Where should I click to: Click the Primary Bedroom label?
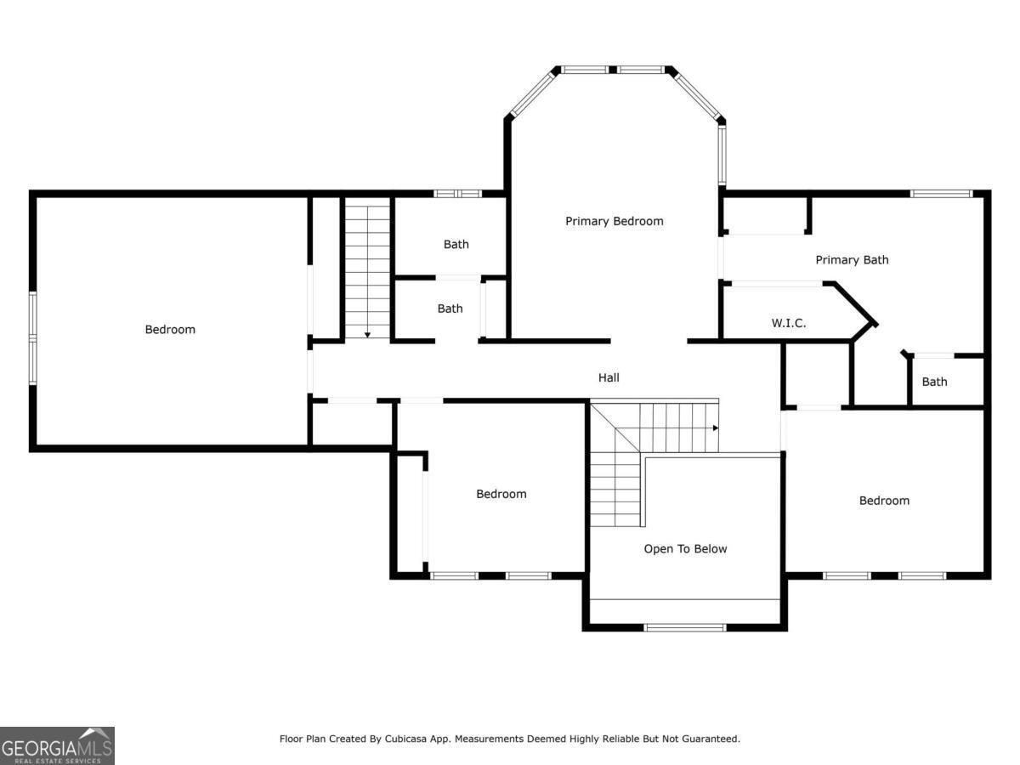(x=614, y=221)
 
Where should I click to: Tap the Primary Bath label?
(x=852, y=259)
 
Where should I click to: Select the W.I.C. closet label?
(x=789, y=323)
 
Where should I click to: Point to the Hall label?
(x=609, y=377)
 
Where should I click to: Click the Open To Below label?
(x=685, y=548)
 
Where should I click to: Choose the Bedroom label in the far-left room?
(x=170, y=329)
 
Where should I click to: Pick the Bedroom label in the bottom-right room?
(x=884, y=501)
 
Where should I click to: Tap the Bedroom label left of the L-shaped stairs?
(x=501, y=494)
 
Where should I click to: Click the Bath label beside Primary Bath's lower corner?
(x=934, y=382)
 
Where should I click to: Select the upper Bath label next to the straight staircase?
(x=456, y=244)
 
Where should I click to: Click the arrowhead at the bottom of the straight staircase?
(x=367, y=335)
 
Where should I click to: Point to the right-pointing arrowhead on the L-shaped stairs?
(x=716, y=428)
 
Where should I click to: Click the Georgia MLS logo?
(x=57, y=745)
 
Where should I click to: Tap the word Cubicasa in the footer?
(x=405, y=739)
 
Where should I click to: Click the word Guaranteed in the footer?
(x=710, y=739)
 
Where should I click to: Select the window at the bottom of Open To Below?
(x=685, y=628)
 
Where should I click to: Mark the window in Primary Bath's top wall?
(x=941, y=194)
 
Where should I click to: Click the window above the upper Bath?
(x=457, y=194)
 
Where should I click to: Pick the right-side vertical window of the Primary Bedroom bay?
(x=722, y=156)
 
